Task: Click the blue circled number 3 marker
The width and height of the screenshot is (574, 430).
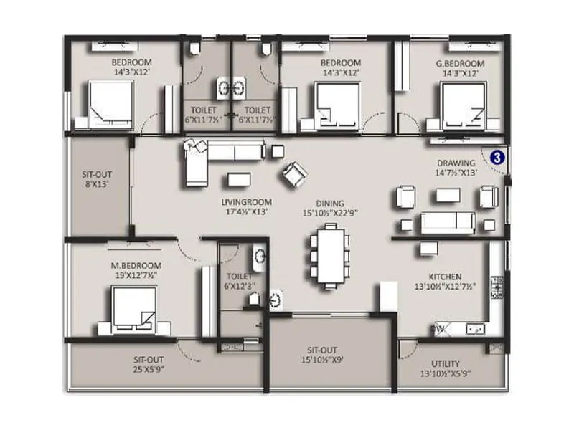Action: point(496,154)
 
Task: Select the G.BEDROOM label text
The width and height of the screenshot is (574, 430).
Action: point(460,64)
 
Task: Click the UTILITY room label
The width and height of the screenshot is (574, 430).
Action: point(446,364)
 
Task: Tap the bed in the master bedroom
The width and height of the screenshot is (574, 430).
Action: point(134,309)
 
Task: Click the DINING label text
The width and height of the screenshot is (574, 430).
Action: point(329,203)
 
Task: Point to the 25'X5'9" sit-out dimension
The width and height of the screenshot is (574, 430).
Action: point(151,370)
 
